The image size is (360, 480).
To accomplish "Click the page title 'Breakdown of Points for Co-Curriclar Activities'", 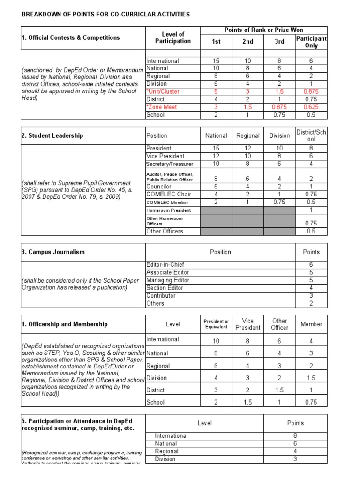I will [106, 15].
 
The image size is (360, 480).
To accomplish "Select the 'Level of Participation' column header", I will [173, 37].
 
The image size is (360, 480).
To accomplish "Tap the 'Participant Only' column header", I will [311, 42].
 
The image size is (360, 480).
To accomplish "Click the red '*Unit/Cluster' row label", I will [163, 91].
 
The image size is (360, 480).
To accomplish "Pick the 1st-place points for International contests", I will [216, 61].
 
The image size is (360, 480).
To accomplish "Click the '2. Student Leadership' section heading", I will [52, 135].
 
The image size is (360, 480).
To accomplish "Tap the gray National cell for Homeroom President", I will [216, 210].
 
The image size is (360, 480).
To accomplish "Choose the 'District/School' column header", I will [311, 135].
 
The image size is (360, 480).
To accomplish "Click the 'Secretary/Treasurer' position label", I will [170, 164].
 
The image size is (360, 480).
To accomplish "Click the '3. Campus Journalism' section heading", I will [53, 252].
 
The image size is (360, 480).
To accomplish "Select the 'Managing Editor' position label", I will [168, 280].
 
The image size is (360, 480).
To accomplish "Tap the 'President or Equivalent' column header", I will [216, 324].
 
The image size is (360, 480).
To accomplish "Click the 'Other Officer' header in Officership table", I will [279, 324].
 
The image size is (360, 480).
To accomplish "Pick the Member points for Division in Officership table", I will [311, 378].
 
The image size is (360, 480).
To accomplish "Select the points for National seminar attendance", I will [295, 443].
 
